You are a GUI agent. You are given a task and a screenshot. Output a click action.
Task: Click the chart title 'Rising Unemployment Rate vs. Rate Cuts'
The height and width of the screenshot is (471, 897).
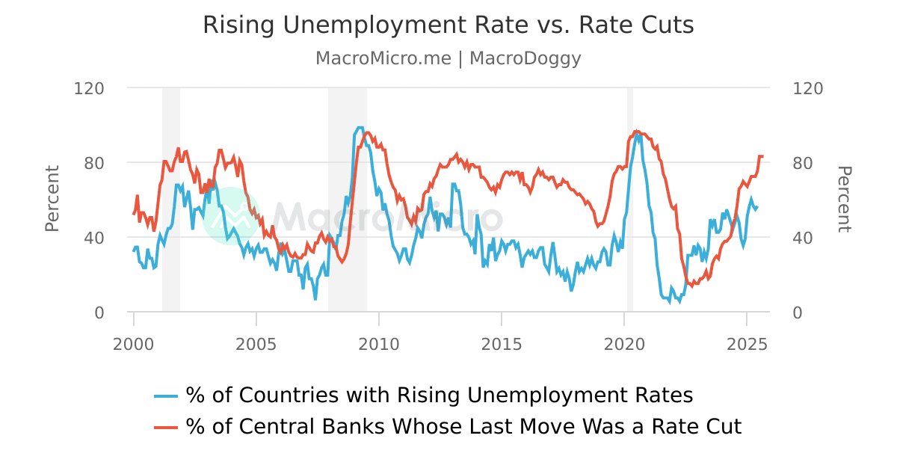[449, 25]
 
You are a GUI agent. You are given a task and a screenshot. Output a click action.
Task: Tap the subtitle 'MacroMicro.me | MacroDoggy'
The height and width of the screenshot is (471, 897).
[449, 58]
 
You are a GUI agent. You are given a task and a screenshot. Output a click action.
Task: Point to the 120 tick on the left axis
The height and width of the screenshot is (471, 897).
[89, 88]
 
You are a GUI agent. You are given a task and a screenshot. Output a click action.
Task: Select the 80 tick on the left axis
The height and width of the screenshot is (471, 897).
[93, 163]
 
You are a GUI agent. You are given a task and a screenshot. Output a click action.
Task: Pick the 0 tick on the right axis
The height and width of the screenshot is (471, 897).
[797, 313]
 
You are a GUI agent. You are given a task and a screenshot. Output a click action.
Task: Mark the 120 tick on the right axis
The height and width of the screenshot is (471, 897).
[807, 88]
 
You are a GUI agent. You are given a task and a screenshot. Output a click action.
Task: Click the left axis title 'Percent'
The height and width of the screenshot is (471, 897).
[52, 199]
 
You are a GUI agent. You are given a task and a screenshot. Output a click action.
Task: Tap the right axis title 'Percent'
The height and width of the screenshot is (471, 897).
[844, 199]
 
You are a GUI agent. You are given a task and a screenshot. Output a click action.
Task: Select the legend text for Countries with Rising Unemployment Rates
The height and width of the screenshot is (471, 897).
[440, 395]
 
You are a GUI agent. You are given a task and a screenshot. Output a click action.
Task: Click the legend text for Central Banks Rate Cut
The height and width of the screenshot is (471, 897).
[463, 426]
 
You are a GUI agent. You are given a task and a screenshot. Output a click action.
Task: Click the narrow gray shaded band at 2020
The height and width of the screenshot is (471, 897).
[630, 199]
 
